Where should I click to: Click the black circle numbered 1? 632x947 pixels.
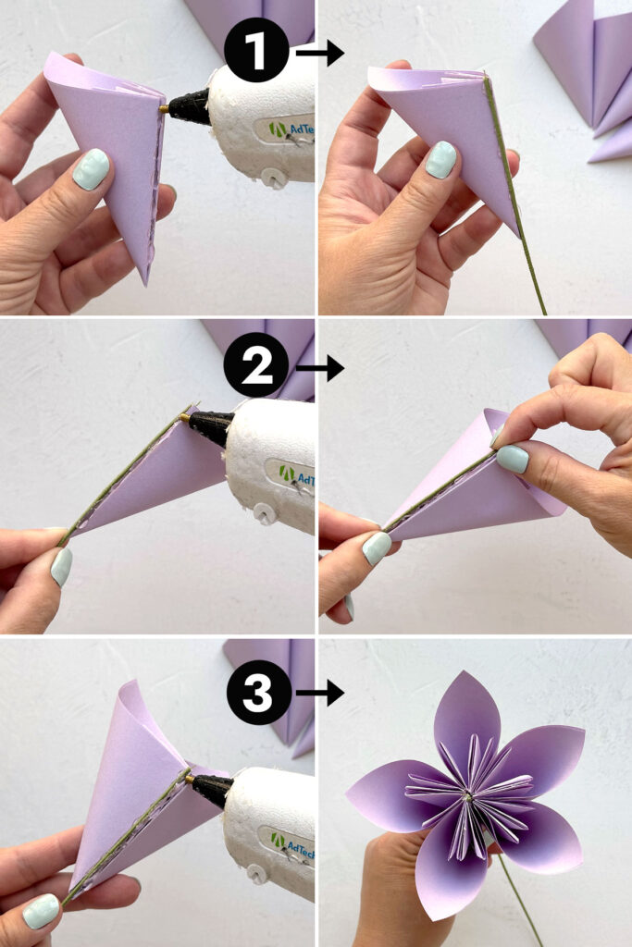coord(257,50)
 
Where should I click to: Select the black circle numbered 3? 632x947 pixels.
coord(257,690)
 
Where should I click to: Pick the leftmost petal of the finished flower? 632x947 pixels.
coord(389,794)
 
